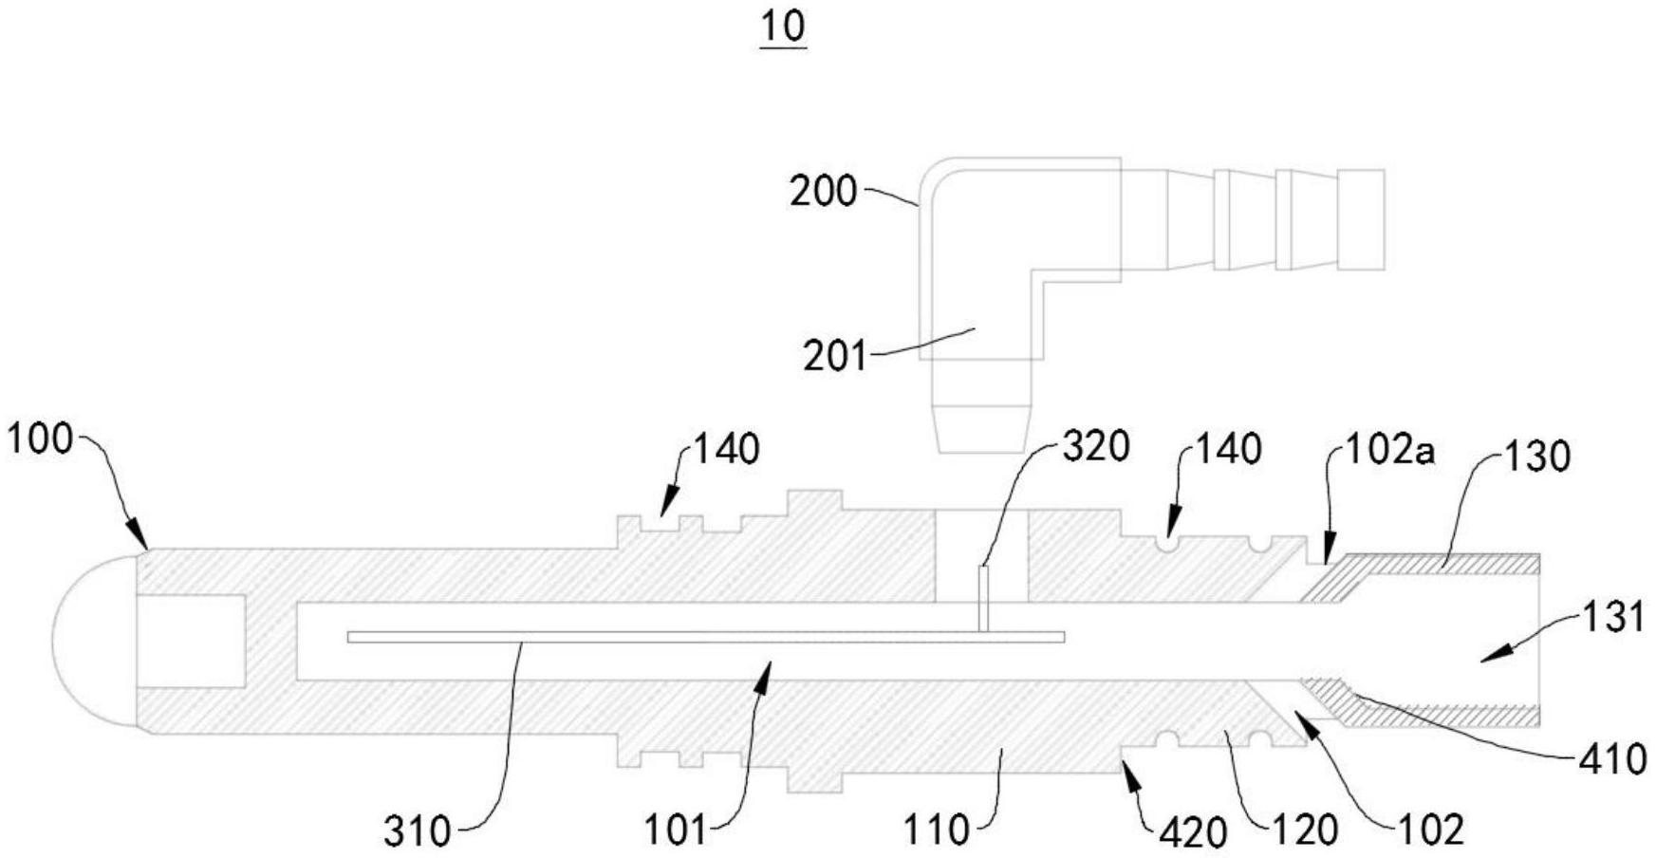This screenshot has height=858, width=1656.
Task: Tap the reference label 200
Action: click(x=823, y=192)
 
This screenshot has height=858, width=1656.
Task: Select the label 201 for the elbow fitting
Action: click(x=835, y=357)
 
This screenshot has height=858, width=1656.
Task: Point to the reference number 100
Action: click(x=39, y=439)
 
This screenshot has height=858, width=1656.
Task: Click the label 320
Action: click(x=1096, y=446)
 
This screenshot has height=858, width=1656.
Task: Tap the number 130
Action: click(x=1537, y=457)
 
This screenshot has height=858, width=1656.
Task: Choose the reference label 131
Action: click(x=1612, y=617)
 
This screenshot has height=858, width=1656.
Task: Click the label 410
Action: click(x=1612, y=759)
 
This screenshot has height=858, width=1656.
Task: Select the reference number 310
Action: click(x=417, y=831)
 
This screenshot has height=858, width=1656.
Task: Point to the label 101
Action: click(x=676, y=831)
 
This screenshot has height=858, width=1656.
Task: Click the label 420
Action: click(x=1193, y=832)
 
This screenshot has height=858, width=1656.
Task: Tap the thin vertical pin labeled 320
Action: click(x=984, y=598)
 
